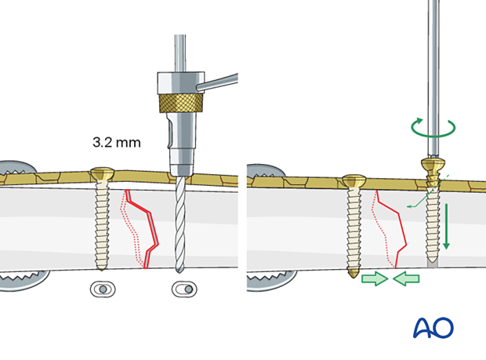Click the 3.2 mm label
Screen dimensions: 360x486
[116, 144]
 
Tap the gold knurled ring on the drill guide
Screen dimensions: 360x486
[179, 104]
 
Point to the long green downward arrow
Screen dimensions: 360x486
[448, 227]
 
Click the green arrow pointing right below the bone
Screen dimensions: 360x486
[375, 278]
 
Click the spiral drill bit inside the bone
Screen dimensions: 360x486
[180, 227]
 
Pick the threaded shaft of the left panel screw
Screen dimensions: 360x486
[103, 224]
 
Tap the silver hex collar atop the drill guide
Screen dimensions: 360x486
[179, 81]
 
